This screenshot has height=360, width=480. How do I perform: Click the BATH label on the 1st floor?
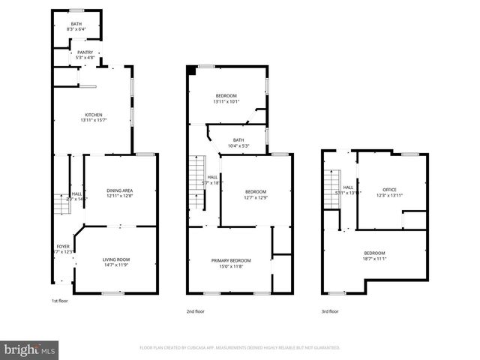point(76,24)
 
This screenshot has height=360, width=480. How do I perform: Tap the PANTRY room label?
point(85,52)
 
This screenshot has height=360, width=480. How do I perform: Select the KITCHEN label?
point(94,115)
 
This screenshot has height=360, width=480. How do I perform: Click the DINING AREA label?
point(119,190)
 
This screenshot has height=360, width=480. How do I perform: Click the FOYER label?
point(63,247)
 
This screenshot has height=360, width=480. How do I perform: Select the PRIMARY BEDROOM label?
point(231,259)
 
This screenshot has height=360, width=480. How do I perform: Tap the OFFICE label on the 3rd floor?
point(389,189)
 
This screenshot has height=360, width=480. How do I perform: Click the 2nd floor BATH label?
point(238,140)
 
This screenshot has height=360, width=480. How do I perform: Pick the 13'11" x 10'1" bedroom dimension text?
point(226,101)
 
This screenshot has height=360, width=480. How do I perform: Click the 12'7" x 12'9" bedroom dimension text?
point(256,198)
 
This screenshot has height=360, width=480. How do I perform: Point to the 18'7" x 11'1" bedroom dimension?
point(374,259)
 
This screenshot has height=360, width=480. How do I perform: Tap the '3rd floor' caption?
point(330,310)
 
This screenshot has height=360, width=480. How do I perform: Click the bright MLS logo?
point(30,349)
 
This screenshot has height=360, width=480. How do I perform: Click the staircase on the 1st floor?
point(59,202)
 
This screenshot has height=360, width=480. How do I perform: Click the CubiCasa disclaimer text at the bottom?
point(240,348)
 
